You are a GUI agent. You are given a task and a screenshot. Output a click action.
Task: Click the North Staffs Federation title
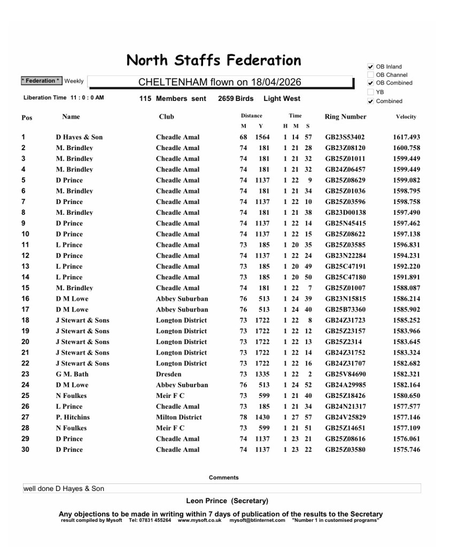pyautogui.click(x=214, y=60)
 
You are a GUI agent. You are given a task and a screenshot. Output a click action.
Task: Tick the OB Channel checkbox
pyautogui.click(x=370, y=75)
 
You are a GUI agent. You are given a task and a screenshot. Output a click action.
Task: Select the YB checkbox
pyautogui.click(x=370, y=92)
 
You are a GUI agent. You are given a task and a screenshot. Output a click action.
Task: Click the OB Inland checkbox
pyautogui.click(x=370, y=67)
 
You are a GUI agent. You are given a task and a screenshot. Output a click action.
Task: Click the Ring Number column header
pyautogui.click(x=345, y=116)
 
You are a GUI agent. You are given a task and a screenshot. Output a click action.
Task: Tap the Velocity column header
pyautogui.click(x=406, y=116)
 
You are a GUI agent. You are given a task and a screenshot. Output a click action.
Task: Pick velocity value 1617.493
pyautogui.click(x=406, y=137)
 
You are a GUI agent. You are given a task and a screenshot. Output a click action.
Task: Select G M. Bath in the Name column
pyautogui.click(x=72, y=374)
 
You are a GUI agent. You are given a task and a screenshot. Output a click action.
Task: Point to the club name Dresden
pyautogui.click(x=168, y=374)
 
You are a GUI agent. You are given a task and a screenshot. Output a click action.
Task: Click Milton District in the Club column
pyautogui.click(x=179, y=417)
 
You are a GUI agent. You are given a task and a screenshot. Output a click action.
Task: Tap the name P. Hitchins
pyautogui.click(x=73, y=417)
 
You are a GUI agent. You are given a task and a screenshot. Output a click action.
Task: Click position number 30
pyautogui.click(x=26, y=449)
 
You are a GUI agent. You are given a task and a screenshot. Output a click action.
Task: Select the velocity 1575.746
pyautogui.click(x=406, y=449)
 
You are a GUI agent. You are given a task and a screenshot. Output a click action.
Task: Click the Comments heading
pyautogui.click(x=223, y=478)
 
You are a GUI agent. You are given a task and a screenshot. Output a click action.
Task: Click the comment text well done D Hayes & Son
pyautogui.click(x=64, y=488)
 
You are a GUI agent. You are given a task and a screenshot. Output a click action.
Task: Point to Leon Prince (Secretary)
pyautogui.click(x=227, y=501)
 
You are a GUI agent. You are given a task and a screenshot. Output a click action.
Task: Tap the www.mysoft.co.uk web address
pyautogui.click(x=199, y=520)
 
